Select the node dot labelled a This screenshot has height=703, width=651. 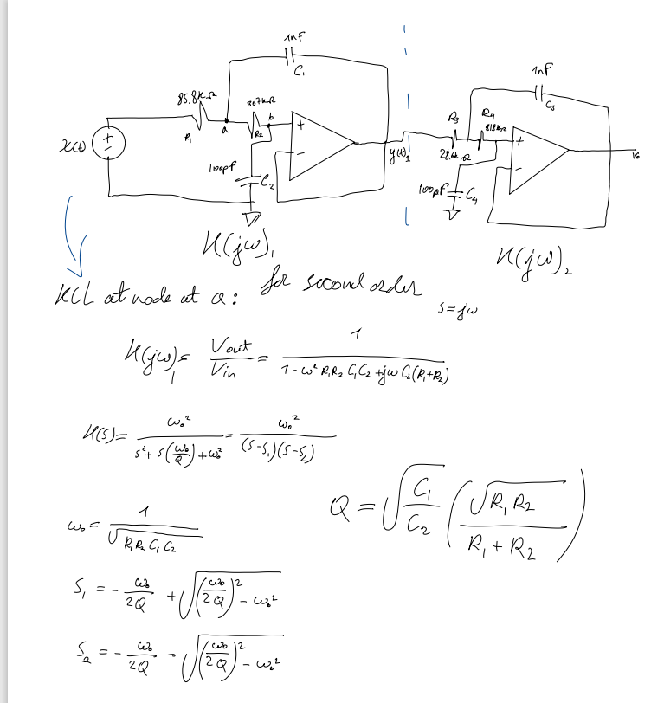click(226, 122)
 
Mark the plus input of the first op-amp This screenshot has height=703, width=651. click(300, 126)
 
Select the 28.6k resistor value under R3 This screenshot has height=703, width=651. click(450, 153)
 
